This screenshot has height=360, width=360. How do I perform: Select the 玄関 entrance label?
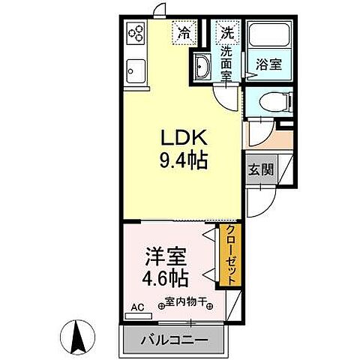pyautogui.click(x=259, y=169)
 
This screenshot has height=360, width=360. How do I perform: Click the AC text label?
pyautogui.click(x=137, y=305)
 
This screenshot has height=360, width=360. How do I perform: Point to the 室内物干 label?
pyautogui.click(x=184, y=304)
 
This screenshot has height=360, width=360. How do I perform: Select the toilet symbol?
pyautogui.click(x=271, y=103)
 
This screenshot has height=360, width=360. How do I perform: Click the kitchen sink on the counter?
pyautogui.click(x=136, y=72)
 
